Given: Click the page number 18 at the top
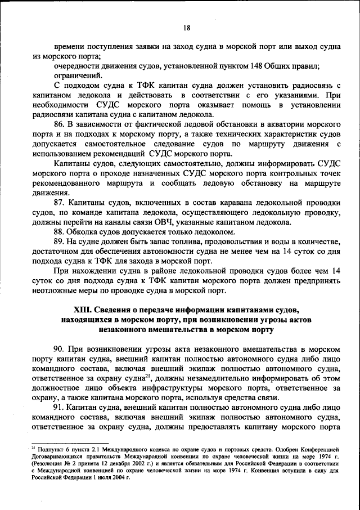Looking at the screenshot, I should tap(186, 28).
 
